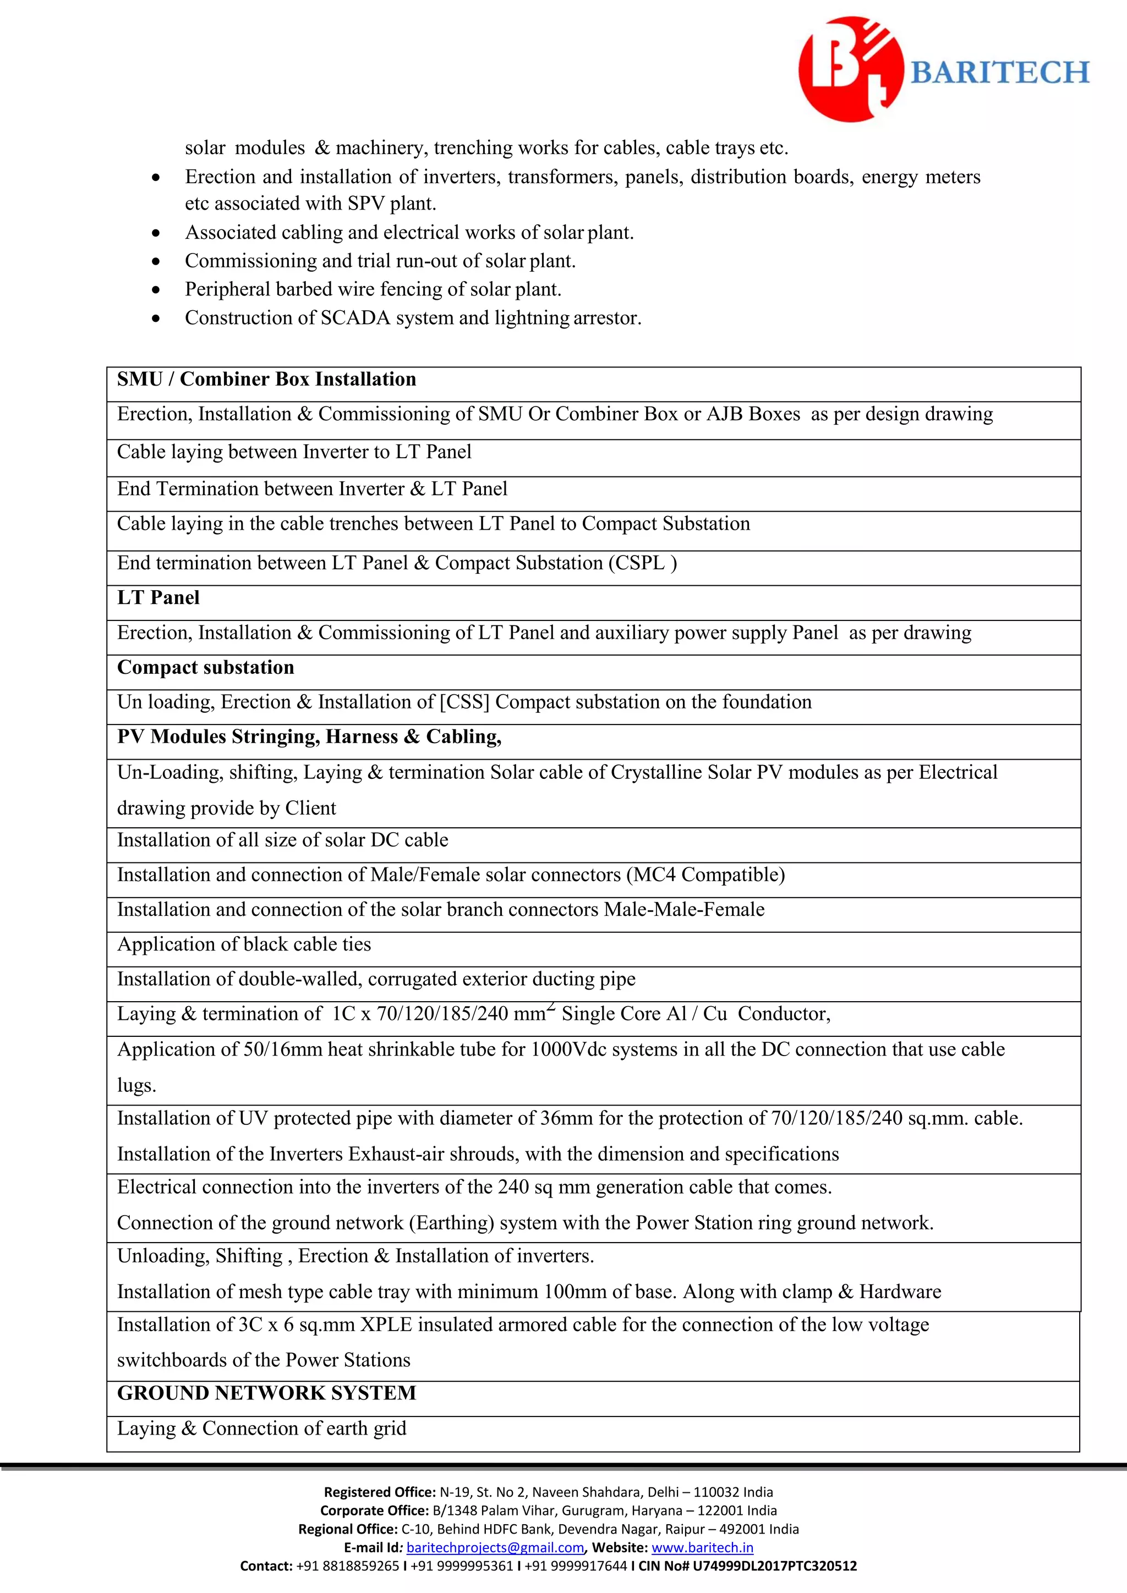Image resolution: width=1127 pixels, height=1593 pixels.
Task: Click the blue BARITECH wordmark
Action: click(999, 73)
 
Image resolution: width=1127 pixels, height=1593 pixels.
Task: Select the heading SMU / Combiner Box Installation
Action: click(266, 380)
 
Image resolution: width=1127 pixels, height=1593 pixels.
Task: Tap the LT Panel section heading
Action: click(158, 598)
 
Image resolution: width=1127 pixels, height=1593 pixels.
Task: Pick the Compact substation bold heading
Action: click(205, 667)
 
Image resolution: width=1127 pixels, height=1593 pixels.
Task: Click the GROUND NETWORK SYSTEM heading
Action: click(266, 1393)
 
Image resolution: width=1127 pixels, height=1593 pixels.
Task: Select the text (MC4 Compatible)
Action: click(705, 875)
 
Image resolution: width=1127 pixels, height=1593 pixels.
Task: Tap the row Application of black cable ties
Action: click(244, 945)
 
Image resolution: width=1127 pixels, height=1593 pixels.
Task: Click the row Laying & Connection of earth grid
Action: click(261, 1429)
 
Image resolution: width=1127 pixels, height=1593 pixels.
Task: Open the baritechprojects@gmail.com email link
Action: click(495, 1548)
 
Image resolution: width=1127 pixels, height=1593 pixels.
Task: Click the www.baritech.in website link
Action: click(702, 1548)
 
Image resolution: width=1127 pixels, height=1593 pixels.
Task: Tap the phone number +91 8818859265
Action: click(347, 1566)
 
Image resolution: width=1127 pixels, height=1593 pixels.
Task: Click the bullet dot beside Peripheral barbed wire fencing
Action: click(157, 290)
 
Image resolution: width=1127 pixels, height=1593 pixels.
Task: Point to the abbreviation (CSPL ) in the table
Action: click(643, 563)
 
